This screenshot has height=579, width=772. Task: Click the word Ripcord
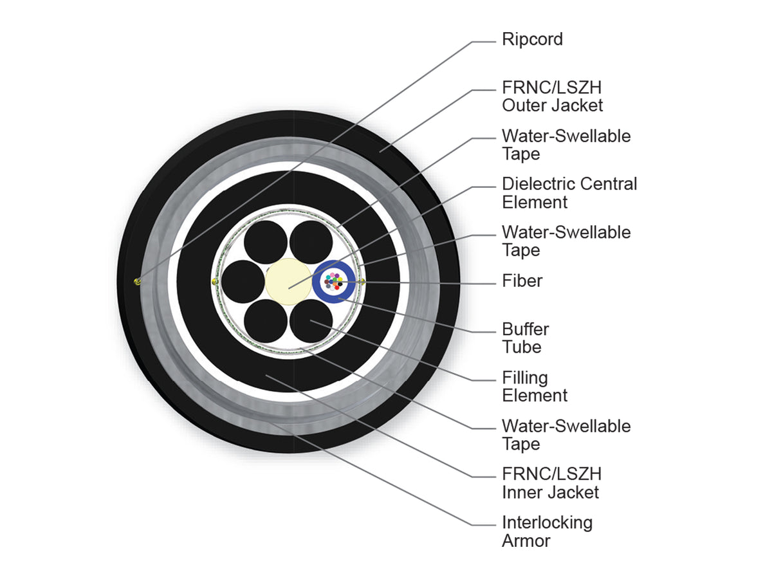point(532,39)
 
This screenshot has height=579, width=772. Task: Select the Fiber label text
point(522,281)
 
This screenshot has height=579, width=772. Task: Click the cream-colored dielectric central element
point(288,282)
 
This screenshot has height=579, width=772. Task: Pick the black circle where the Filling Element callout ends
point(311,321)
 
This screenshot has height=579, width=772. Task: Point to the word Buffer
point(526,329)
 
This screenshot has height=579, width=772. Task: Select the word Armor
point(526,541)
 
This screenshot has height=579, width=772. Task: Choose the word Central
point(608,184)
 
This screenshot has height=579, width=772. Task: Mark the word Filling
point(525,378)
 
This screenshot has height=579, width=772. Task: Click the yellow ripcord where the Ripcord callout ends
point(138,281)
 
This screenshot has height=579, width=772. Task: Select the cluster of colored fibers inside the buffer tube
point(333,281)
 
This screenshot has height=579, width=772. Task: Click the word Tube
point(522,347)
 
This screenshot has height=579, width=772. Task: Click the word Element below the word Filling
point(535,396)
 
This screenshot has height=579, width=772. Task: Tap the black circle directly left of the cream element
point(243,282)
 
